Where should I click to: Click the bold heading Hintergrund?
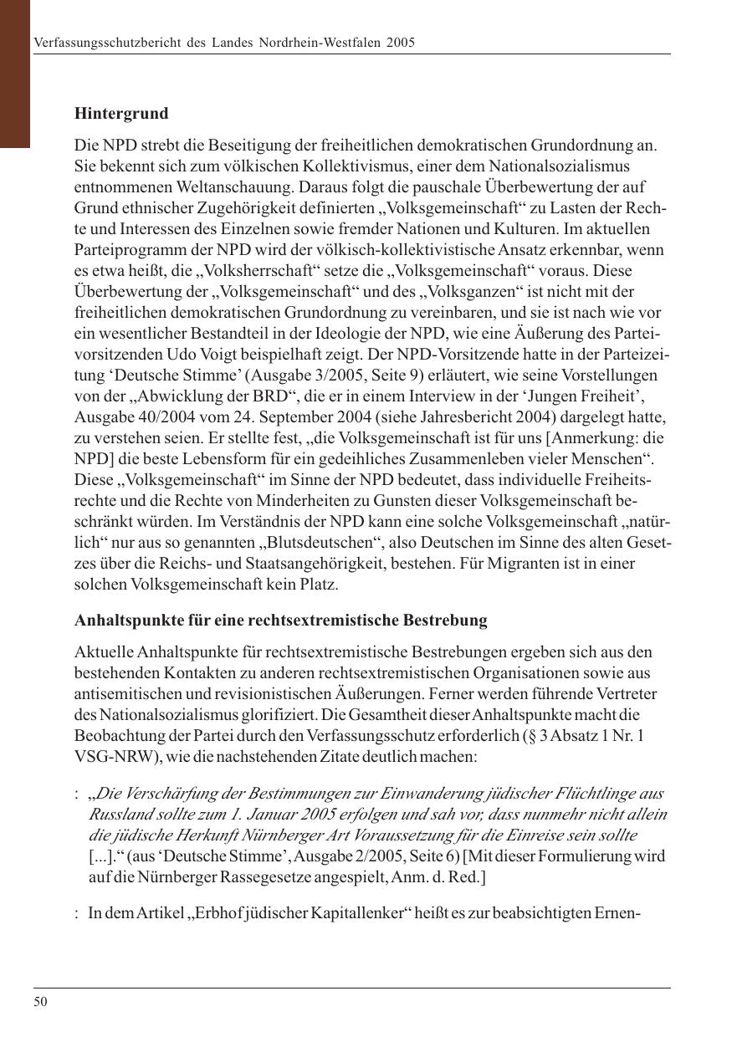click(121, 113)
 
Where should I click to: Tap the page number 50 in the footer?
click(40, 1002)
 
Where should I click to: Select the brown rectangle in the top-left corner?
click(15, 74)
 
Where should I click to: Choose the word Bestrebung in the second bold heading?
click(446, 621)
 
